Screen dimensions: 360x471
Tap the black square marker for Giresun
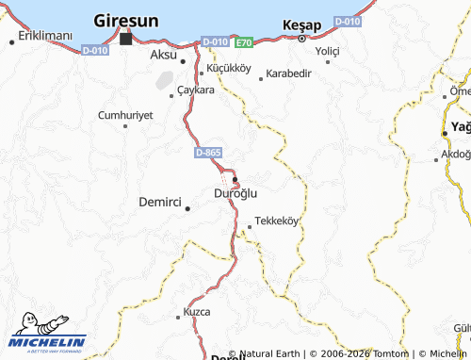pyautogui.click(x=125, y=40)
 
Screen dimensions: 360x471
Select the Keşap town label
pyautogui.click(x=301, y=25)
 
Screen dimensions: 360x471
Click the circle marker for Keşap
pyautogui.click(x=301, y=40)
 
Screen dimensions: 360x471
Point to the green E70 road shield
pyautogui.click(x=244, y=42)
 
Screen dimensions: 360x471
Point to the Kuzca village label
pyautogui.click(x=197, y=311)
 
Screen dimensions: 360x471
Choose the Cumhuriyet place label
pyautogui.click(x=125, y=115)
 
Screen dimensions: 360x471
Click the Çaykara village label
pyautogui.click(x=195, y=90)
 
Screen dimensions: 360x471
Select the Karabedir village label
pyautogui.click(x=290, y=74)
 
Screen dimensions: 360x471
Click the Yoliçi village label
pyautogui.click(x=327, y=50)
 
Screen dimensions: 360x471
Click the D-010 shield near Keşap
pyautogui.click(x=347, y=21)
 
